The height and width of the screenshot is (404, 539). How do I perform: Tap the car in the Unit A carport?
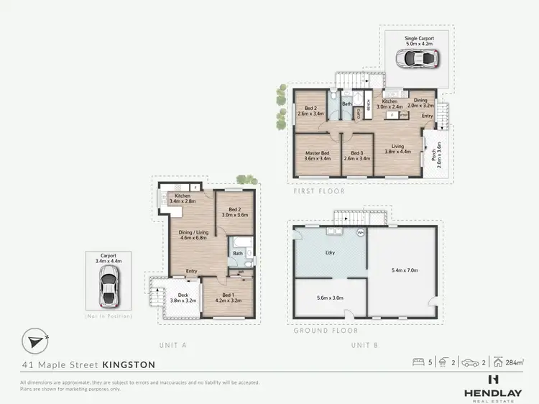(110, 284)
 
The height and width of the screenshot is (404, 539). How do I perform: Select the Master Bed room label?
(317, 155)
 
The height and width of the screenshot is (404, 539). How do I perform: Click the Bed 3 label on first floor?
(356, 155)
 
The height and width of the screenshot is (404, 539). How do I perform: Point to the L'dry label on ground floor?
(331, 253)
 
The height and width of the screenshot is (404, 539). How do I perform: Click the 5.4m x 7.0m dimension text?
(402, 270)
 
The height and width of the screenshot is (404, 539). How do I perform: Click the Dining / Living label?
(193, 234)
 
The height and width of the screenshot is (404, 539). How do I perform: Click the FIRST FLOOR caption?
(318, 192)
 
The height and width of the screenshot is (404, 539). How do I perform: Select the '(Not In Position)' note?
(109, 316)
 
